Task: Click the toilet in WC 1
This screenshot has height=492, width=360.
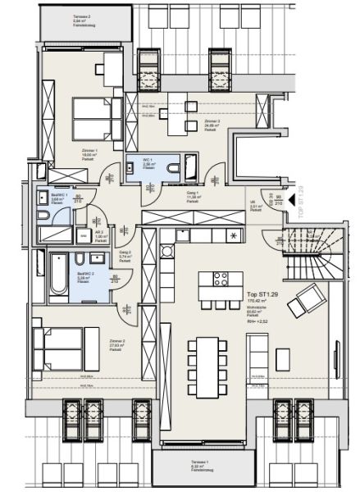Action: (x=175, y=166)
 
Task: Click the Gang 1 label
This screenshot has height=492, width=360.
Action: (x=194, y=196)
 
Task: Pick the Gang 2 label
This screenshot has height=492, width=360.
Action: (x=125, y=255)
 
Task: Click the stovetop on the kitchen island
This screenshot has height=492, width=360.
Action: (x=221, y=279)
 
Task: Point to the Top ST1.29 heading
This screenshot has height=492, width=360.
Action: (x=262, y=294)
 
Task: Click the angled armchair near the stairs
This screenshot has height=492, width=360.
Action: (x=310, y=301)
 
